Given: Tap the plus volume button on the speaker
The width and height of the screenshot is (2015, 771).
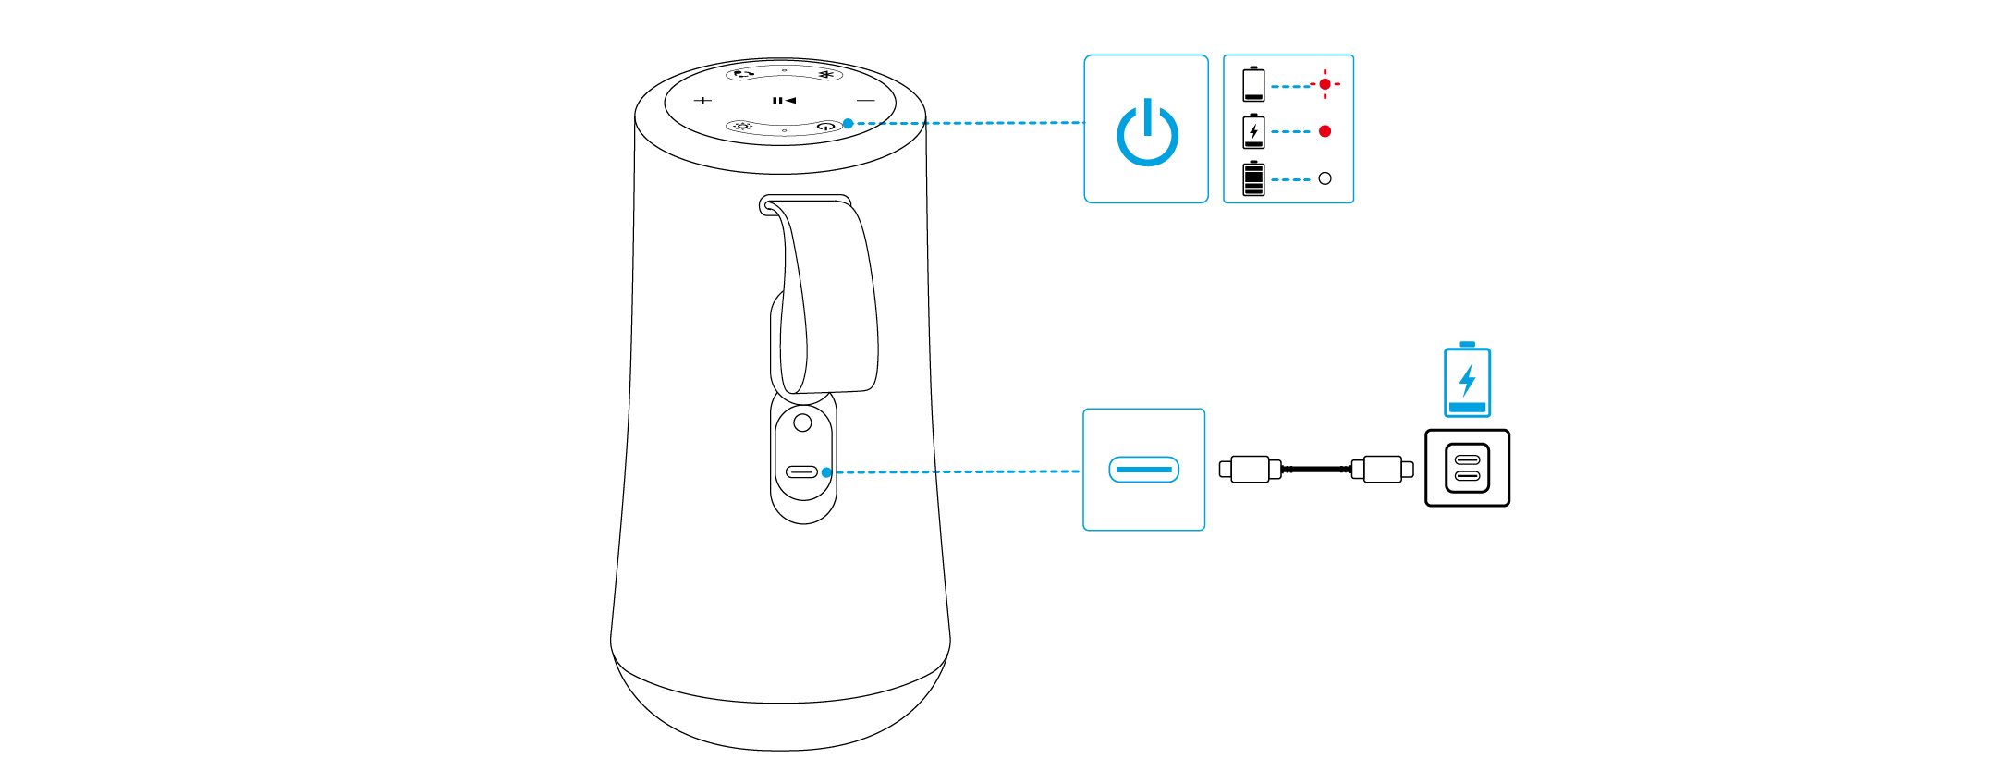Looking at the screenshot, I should tap(702, 100).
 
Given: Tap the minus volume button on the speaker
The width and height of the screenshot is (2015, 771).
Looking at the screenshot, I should tap(865, 100).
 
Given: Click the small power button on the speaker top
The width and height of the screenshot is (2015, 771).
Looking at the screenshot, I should tap(826, 126).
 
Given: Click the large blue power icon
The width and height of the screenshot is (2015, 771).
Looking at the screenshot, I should tap(1147, 133).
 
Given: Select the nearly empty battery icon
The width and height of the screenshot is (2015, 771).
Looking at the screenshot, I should tap(1253, 84).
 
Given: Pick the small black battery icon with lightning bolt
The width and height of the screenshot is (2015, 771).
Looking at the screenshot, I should tap(1253, 131).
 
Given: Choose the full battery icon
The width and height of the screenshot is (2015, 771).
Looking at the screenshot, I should tap(1253, 178).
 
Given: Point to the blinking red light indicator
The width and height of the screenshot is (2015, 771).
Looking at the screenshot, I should tap(1325, 84).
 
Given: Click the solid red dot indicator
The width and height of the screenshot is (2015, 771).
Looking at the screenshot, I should tap(1325, 131).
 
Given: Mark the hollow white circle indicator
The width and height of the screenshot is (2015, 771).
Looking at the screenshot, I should tap(1325, 178).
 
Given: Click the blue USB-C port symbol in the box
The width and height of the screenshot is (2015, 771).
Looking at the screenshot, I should tap(1144, 470).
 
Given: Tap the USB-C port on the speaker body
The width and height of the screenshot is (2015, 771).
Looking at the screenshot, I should tap(801, 472).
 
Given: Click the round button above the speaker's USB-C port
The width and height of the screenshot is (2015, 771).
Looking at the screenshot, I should tap(803, 423).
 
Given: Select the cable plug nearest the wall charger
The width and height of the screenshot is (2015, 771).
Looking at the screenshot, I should tap(1383, 470).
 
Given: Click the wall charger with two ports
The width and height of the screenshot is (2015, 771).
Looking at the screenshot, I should tap(1467, 468).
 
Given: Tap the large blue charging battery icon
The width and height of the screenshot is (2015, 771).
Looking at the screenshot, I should tap(1467, 380).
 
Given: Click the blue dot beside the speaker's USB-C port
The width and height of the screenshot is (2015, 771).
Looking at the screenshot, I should tap(826, 472).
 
